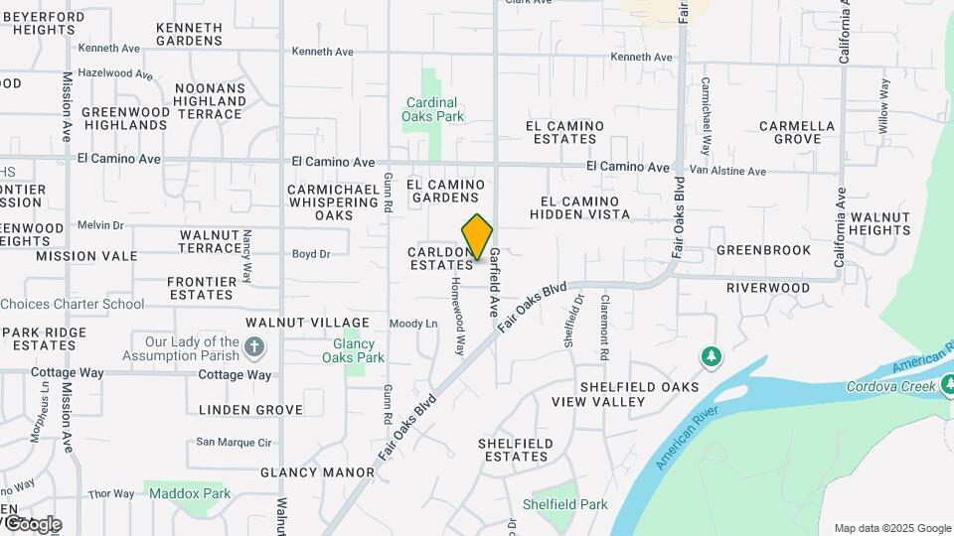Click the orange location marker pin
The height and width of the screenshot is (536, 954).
point(477,237)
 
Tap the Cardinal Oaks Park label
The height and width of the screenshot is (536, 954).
point(432,109)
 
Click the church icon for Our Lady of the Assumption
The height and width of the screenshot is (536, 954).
point(255,347)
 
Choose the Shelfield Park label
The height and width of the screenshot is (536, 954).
point(569,504)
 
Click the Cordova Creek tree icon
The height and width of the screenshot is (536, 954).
point(948,382)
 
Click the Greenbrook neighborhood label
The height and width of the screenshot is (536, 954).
point(763,250)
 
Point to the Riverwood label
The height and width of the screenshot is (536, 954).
point(768,288)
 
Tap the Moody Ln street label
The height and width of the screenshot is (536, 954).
point(413,324)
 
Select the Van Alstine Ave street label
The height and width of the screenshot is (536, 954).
point(728,172)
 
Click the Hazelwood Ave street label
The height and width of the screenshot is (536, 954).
point(115,73)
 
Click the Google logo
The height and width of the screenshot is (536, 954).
point(32,523)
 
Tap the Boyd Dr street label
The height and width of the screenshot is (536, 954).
point(311,254)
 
